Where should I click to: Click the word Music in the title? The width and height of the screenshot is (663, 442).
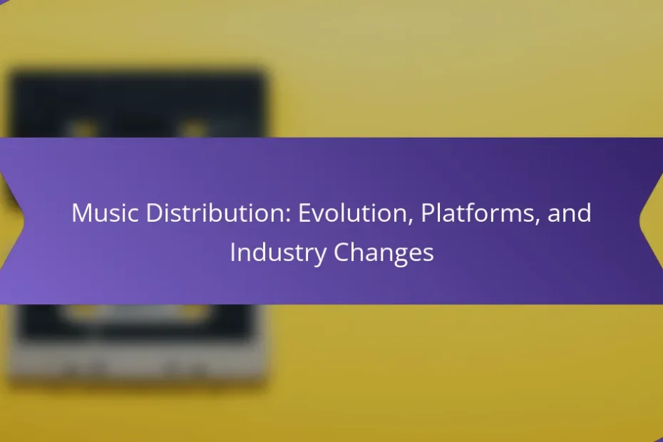point(105,212)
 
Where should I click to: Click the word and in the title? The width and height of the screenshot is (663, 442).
point(569,212)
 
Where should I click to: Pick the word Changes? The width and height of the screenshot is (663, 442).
point(384,253)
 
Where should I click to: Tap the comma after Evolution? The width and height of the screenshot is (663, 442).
point(410,220)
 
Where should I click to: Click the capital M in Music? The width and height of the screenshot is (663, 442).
point(81,212)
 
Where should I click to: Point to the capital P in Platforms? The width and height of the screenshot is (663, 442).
point(428,212)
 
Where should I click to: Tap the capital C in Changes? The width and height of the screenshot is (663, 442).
point(341,253)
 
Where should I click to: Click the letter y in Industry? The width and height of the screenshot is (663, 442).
point(320,257)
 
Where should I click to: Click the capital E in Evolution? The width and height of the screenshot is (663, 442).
point(304,212)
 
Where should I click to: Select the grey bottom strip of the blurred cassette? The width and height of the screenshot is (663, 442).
point(138,364)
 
